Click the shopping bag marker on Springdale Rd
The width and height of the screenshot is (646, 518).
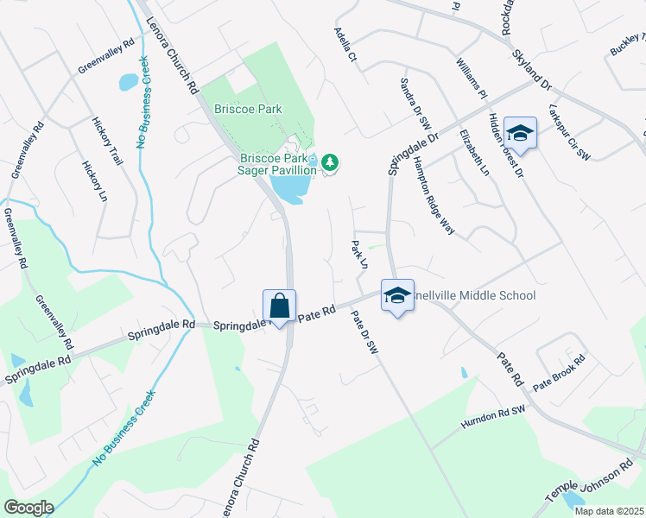pos(280,306)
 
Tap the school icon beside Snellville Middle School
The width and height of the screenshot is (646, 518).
pos(396,296)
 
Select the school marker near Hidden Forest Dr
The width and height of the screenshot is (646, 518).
pos(520,133)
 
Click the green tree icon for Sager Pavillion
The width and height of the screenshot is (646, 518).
pos(329,161)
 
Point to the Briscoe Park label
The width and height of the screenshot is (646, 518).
pos(249,111)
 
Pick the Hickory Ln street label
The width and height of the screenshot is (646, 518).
pos(94,180)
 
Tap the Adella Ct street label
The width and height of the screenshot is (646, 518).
pos(345,44)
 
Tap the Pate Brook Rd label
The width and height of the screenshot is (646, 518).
pos(559,370)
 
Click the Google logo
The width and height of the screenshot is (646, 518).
pos(28,507)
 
